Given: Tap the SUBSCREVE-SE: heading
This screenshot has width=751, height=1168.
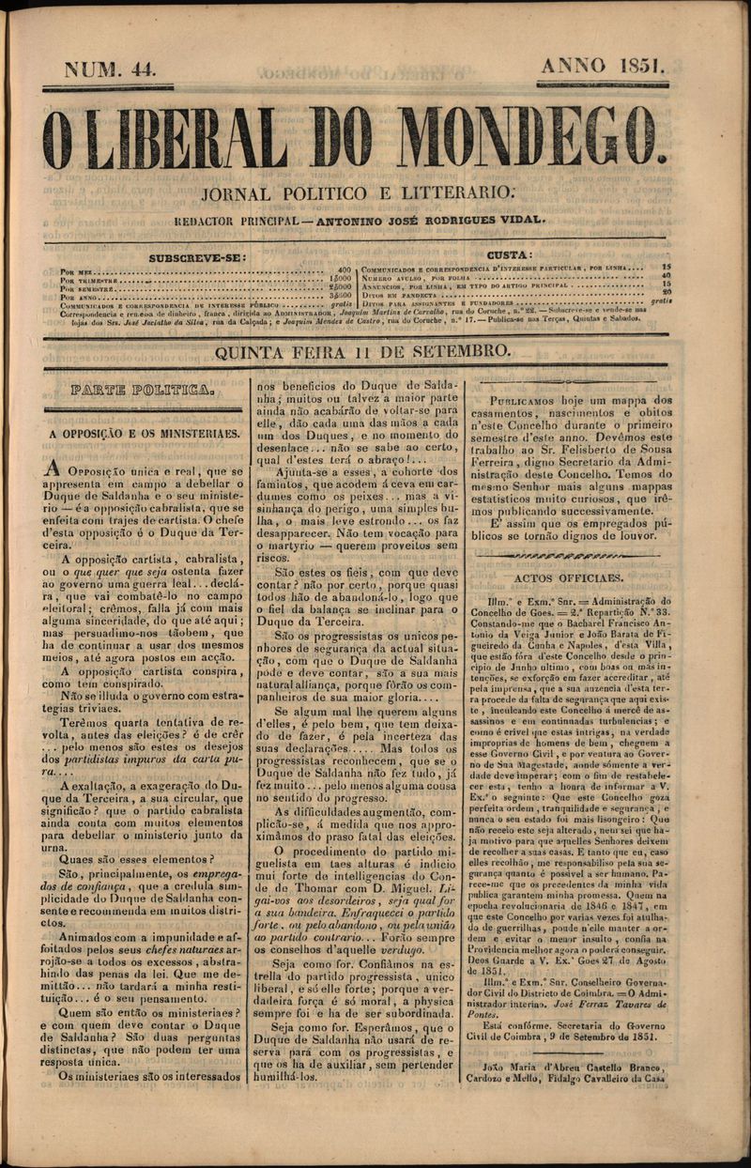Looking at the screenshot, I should pos(198,256).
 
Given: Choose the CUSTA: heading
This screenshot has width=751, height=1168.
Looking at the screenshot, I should pos(510,255).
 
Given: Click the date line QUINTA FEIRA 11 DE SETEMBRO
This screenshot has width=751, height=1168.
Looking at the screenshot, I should pos(363,352).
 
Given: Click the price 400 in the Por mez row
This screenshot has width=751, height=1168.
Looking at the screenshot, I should pos(344,269).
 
